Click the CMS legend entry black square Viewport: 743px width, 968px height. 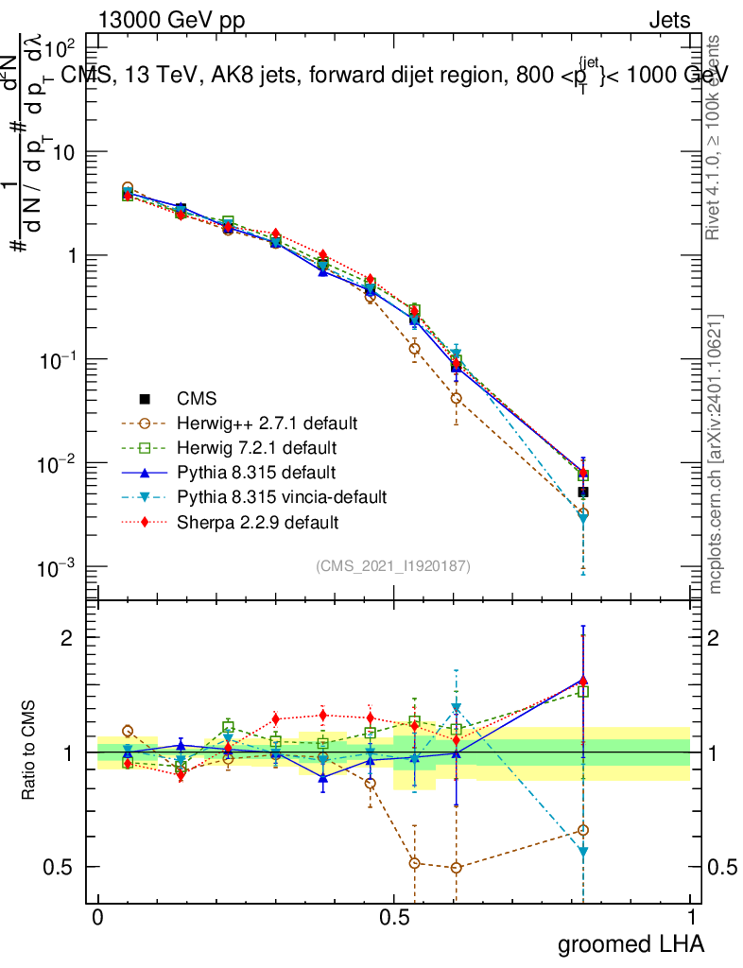point(146,398)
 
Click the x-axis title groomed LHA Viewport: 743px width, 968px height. point(631,943)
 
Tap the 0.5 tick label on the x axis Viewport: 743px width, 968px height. point(394,918)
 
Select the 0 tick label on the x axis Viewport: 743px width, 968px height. point(97,918)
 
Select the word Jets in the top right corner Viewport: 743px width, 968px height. point(668,21)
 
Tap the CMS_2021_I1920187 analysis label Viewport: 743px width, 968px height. point(393,566)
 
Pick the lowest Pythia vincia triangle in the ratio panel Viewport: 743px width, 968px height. point(583,853)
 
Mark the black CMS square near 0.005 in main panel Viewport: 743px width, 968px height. point(583,492)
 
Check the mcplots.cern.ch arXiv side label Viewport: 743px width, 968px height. point(716,454)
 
